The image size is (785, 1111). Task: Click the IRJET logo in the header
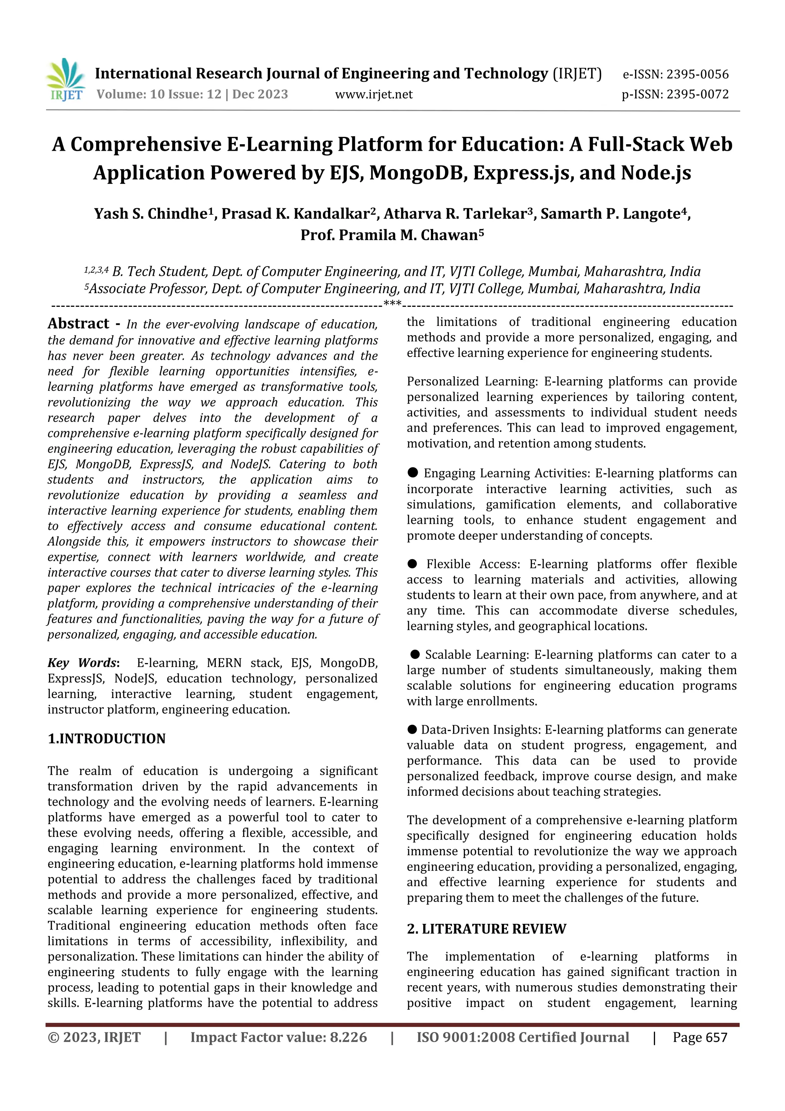pyautogui.click(x=66, y=79)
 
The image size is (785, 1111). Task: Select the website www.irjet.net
pyautogui.click(x=373, y=94)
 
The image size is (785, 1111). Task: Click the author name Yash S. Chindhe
pyautogui.click(x=150, y=214)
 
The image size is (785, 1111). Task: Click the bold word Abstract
pyautogui.click(x=78, y=323)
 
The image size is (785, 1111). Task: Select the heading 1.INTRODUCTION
pyautogui.click(x=107, y=738)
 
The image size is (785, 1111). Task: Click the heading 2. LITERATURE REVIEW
pyautogui.click(x=486, y=928)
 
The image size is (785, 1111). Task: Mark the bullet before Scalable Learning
pyautogui.click(x=415, y=654)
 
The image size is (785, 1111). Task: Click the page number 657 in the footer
pyautogui.click(x=716, y=1037)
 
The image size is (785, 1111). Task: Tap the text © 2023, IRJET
pyautogui.click(x=94, y=1037)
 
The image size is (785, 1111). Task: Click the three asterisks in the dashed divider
pyautogui.click(x=392, y=304)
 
